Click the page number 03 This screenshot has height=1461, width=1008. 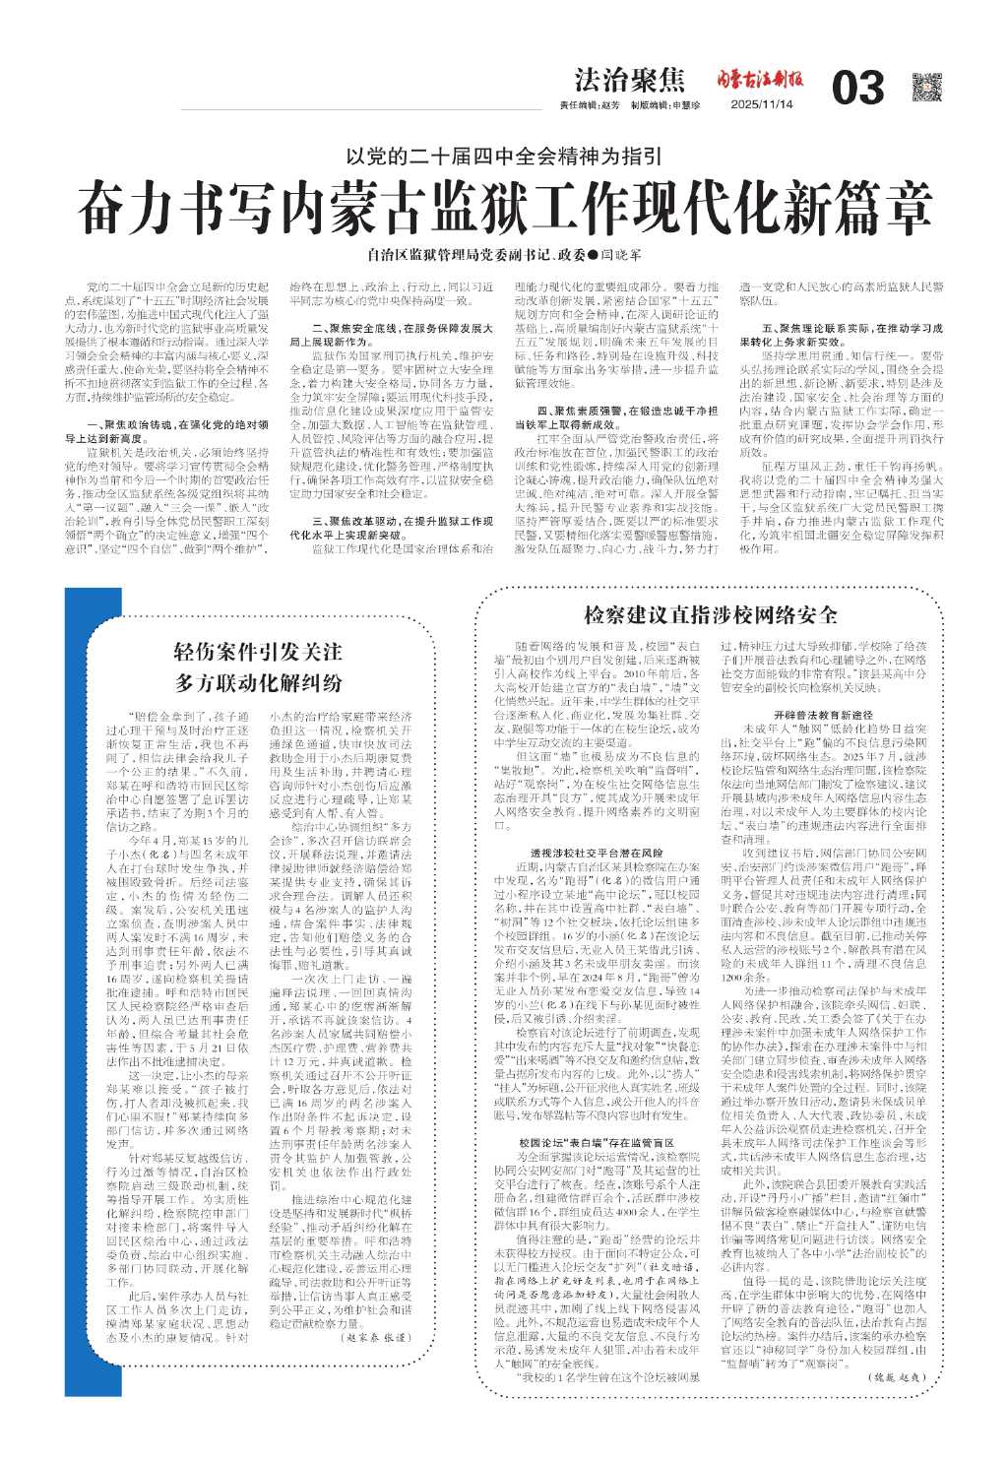pyautogui.click(x=857, y=89)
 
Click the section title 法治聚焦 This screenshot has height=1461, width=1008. pyautogui.click(x=629, y=81)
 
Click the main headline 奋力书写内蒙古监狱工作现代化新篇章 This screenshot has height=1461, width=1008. pyautogui.click(x=504, y=204)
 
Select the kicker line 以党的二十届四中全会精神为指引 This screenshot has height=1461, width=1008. pyautogui.click(x=504, y=155)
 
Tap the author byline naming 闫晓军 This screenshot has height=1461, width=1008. pyautogui.click(x=503, y=255)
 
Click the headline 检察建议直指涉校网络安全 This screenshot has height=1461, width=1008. pyautogui.click(x=711, y=615)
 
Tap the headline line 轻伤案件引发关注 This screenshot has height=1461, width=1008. pyautogui.click(x=258, y=651)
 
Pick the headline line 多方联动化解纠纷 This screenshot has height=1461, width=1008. pyautogui.click(x=258, y=682)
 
